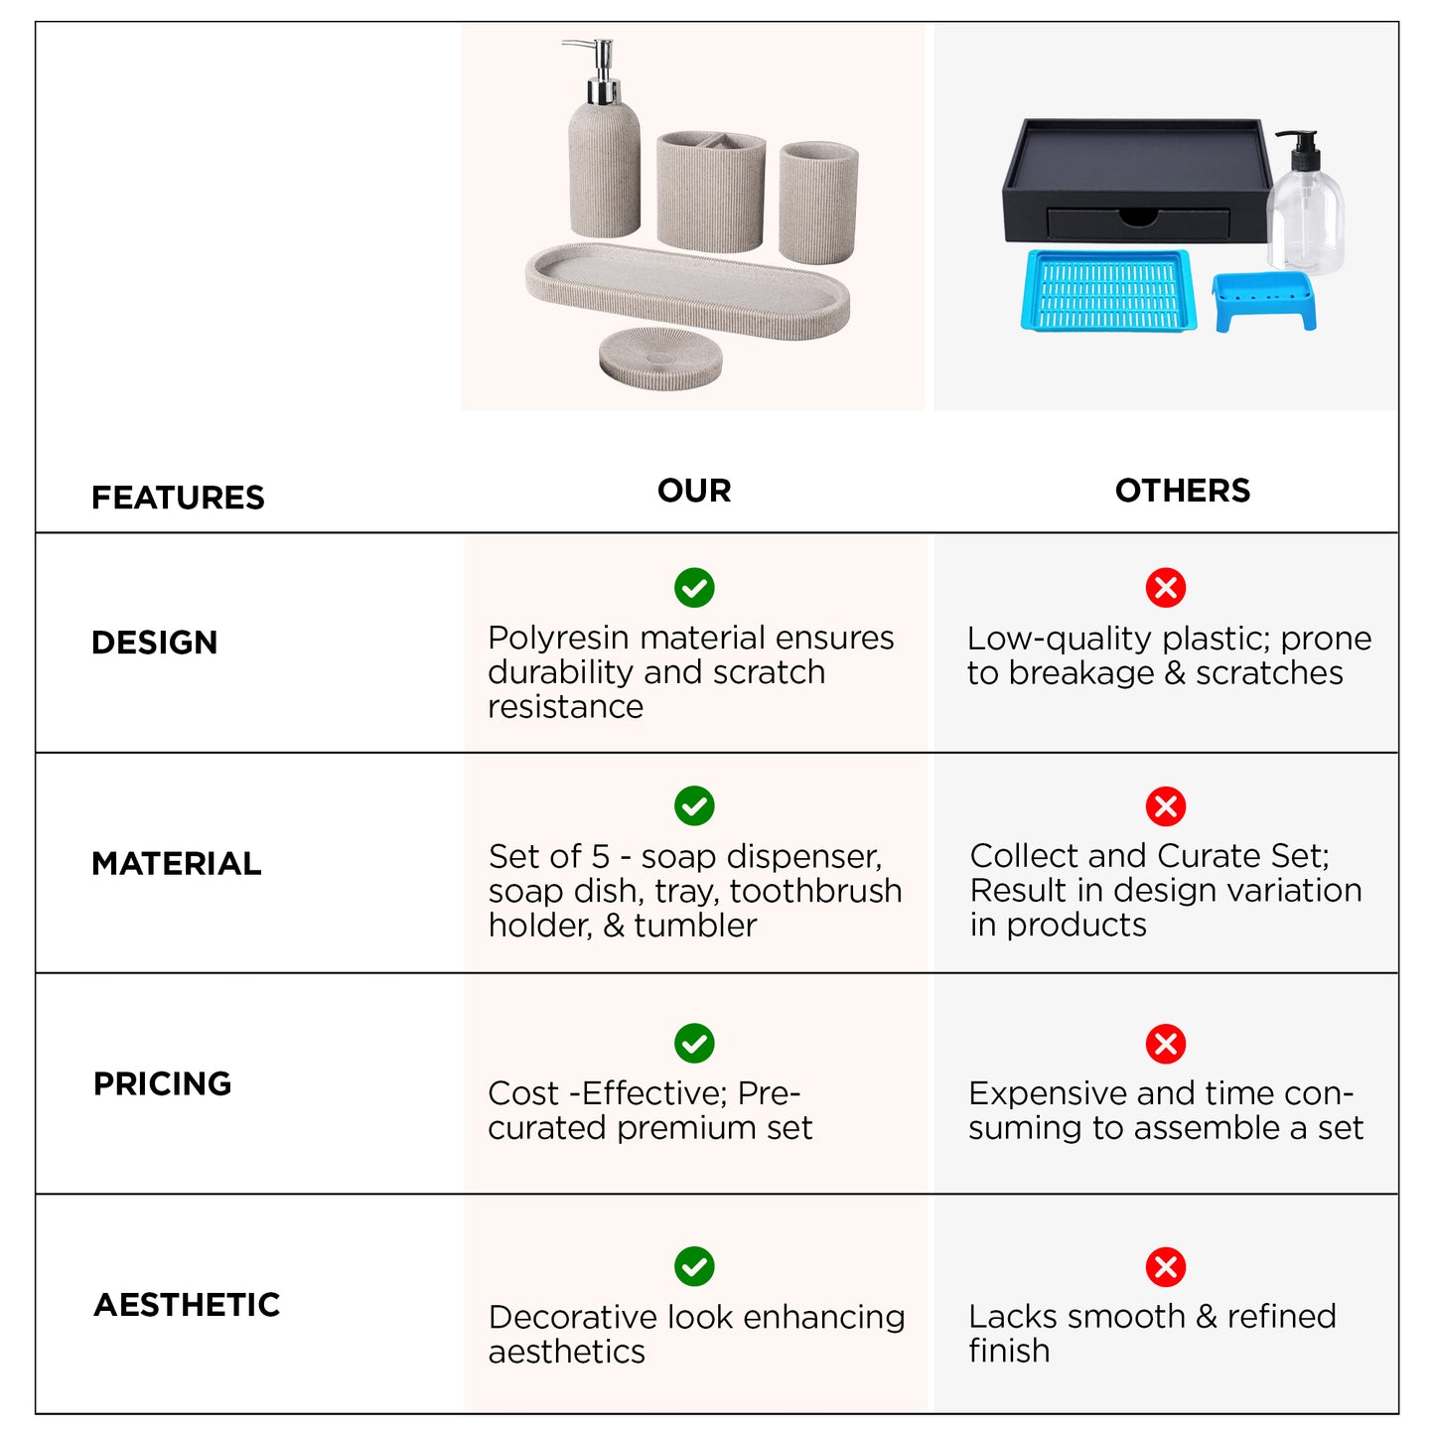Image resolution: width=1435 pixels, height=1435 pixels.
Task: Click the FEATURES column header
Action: pyautogui.click(x=178, y=498)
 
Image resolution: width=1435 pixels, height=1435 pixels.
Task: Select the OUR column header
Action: pyautogui.click(x=694, y=491)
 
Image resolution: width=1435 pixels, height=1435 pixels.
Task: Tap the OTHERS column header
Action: pyautogui.click(x=1182, y=491)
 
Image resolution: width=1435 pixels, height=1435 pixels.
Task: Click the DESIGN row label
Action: pyautogui.click(x=155, y=643)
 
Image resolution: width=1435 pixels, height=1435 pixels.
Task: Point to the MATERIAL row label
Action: pyautogui.click(x=177, y=864)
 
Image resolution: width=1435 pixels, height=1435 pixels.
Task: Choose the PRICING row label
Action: pyautogui.click(x=162, y=1084)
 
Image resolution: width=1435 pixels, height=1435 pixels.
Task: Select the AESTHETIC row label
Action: pyautogui.click(x=187, y=1305)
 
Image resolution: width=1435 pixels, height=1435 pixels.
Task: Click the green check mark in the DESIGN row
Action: pyautogui.click(x=694, y=588)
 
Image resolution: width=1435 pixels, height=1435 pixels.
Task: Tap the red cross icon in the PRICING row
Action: pyautogui.click(x=1166, y=1044)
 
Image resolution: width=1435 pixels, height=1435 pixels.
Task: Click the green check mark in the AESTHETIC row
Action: pyautogui.click(x=694, y=1267)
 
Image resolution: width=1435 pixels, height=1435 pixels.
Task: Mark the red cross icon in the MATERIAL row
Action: pyautogui.click(x=1166, y=806)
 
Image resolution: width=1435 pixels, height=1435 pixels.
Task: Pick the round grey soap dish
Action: pyautogui.click(x=660, y=358)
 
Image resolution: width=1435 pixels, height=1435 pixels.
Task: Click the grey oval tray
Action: pyautogui.click(x=687, y=290)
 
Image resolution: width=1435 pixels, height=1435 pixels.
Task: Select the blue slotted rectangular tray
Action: pyautogui.click(x=1109, y=290)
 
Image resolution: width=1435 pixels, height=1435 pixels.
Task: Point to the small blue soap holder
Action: pyautogui.click(x=1264, y=302)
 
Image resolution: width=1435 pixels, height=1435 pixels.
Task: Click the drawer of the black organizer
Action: pyautogui.click(x=1138, y=222)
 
